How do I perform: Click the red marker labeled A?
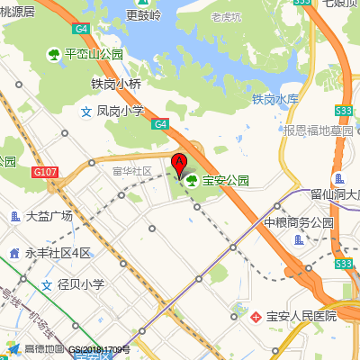pyautogui.click(x=178, y=165)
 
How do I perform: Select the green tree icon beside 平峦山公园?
pyautogui.click(x=54, y=54)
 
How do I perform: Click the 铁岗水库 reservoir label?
pyautogui.click(x=274, y=99)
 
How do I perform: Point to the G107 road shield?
pyautogui.click(x=44, y=171)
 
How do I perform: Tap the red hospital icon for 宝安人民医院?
pyautogui.click(x=256, y=316)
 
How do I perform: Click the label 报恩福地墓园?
pyautogui.click(x=318, y=130)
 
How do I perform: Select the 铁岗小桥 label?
pyautogui.click(x=116, y=85)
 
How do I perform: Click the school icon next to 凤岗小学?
pyautogui.click(x=86, y=112)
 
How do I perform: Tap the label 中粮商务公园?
pyautogui.click(x=298, y=222)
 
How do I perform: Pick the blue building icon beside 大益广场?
pyautogui.click(x=15, y=216)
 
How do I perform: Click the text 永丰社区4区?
pyautogui.click(x=58, y=253)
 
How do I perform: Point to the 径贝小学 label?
pyautogui.click(x=81, y=284)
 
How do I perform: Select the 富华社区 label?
pyautogui.click(x=132, y=171)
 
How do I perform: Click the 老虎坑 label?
pyautogui.click(x=228, y=16)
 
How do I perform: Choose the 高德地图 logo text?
pyautogui.click(x=44, y=349)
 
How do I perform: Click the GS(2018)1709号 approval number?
pyautogui.click(x=100, y=350)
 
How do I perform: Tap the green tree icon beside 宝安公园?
pyautogui.click(x=191, y=180)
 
